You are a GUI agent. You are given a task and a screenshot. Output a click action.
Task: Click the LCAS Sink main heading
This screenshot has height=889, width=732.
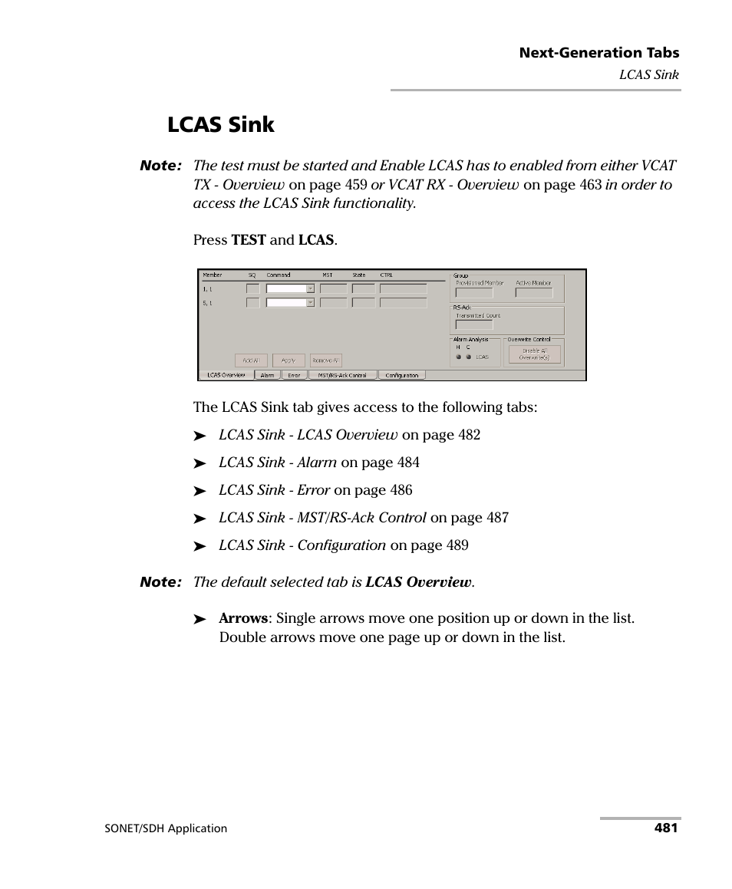(220, 125)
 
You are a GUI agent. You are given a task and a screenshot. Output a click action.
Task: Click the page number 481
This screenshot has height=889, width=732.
(666, 828)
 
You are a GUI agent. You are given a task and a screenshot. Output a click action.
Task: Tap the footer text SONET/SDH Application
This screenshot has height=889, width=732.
(165, 828)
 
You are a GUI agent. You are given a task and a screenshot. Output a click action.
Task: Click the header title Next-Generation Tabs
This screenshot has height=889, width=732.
(598, 53)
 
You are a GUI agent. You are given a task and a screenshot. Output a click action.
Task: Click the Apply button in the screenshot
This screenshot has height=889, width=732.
(288, 360)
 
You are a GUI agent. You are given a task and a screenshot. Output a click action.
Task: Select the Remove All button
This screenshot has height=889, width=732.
(325, 360)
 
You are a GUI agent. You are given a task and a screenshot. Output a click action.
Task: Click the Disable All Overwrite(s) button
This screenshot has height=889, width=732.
(534, 354)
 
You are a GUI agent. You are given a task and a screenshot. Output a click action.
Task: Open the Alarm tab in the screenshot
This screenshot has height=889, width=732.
(267, 375)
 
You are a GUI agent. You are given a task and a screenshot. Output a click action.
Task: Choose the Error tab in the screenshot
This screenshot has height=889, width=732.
(294, 375)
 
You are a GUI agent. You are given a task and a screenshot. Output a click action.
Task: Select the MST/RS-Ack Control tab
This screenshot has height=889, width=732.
(342, 375)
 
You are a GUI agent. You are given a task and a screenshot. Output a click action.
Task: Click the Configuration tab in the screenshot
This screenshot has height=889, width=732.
(401, 375)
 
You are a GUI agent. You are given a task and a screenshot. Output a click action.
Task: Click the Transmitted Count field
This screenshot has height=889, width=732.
(474, 324)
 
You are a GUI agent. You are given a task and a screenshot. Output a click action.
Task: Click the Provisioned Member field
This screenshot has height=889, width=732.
(474, 292)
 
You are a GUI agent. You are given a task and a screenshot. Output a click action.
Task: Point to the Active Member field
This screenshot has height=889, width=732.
(533, 292)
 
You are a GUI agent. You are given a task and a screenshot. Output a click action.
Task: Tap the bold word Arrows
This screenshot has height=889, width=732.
(243, 618)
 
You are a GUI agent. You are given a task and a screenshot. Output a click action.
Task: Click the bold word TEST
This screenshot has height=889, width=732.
(249, 240)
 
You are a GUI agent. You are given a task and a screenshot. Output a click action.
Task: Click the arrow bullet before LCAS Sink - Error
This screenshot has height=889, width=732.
(200, 491)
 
